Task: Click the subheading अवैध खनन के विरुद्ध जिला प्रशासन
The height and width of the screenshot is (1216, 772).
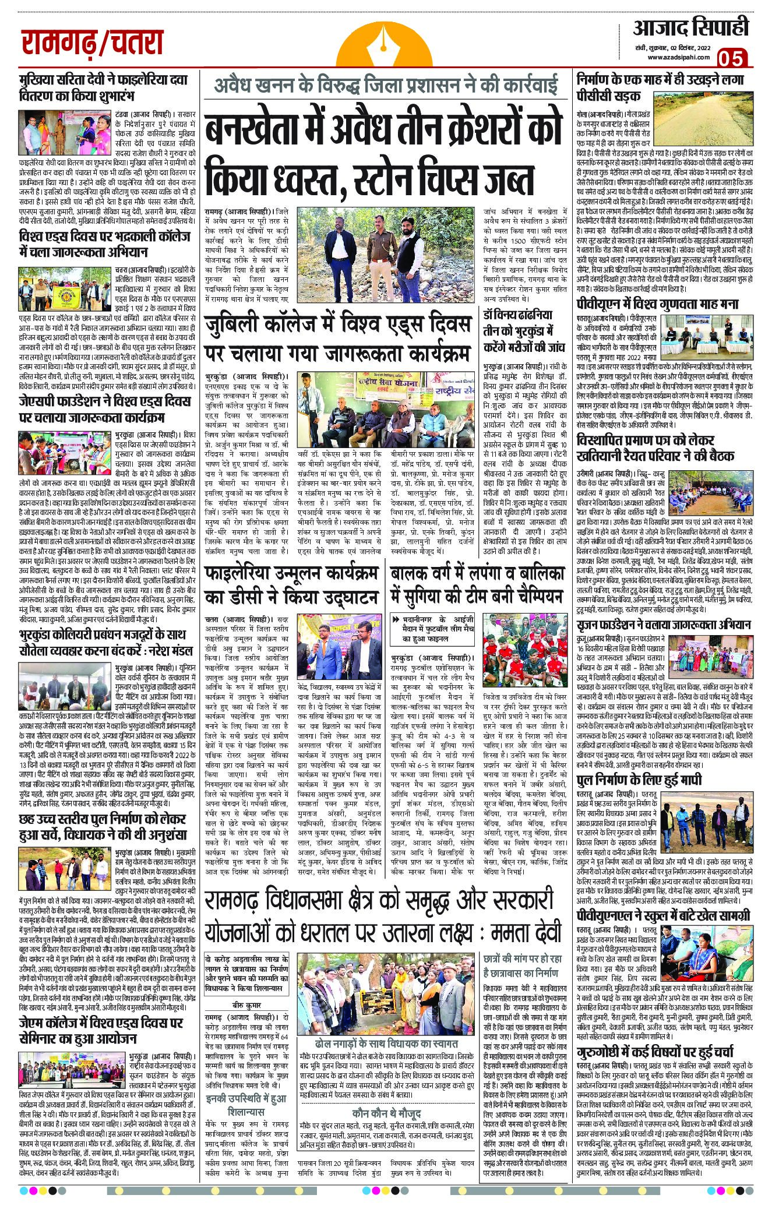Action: [x=384, y=87]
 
